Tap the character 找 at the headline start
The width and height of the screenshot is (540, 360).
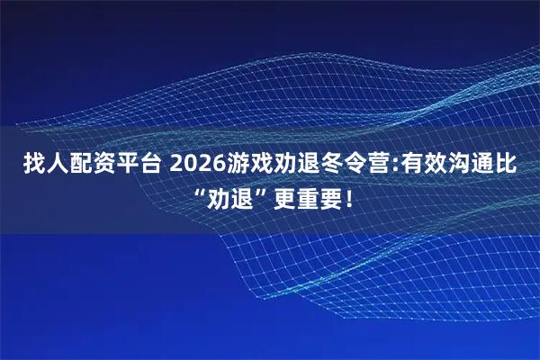coord(33,165)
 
